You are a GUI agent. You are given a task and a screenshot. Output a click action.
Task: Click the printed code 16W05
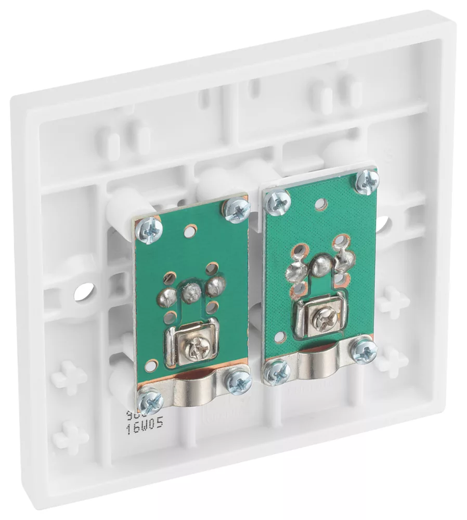(145, 423)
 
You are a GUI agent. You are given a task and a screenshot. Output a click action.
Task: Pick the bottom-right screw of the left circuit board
(239, 382)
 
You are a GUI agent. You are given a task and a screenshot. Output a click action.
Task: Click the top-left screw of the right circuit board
(278, 202)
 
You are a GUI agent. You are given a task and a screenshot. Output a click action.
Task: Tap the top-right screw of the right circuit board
(368, 180)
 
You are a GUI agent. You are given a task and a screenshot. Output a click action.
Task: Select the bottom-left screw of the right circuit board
(276, 372)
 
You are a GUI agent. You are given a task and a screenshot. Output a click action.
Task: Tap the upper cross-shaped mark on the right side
(394, 302)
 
